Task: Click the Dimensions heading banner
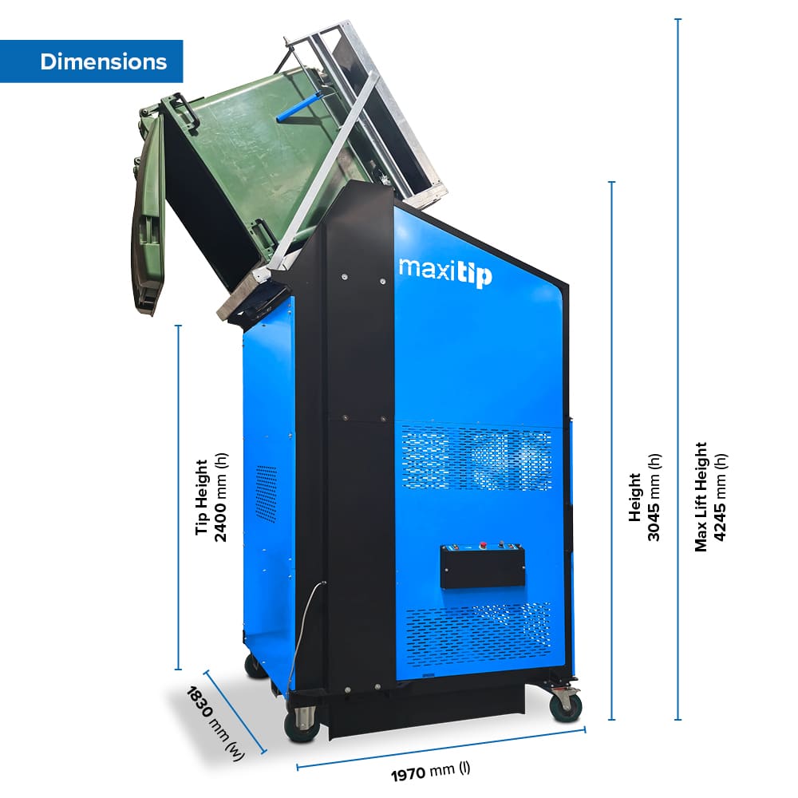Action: click(91, 61)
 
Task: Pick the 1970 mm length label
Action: click(431, 771)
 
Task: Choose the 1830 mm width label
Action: click(215, 723)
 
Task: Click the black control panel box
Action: click(483, 566)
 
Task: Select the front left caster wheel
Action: click(302, 723)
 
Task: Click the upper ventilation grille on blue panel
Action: click(476, 459)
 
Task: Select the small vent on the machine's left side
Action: click(266, 494)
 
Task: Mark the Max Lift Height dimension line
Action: click(678, 369)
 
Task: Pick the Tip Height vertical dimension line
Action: click(178, 497)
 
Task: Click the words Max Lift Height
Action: click(701, 496)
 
